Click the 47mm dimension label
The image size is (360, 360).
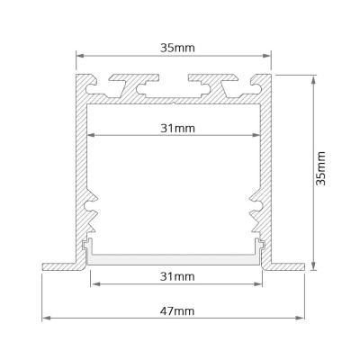177,311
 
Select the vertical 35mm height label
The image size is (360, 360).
321,168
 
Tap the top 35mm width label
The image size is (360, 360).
177,48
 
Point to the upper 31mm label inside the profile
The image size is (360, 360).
177,129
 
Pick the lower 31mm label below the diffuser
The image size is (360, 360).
177,276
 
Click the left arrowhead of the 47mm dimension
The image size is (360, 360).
46,318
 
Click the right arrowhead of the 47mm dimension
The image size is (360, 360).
300,318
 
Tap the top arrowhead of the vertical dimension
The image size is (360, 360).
313,80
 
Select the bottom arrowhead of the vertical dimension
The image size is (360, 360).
313,265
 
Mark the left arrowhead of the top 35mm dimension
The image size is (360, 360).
80,56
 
